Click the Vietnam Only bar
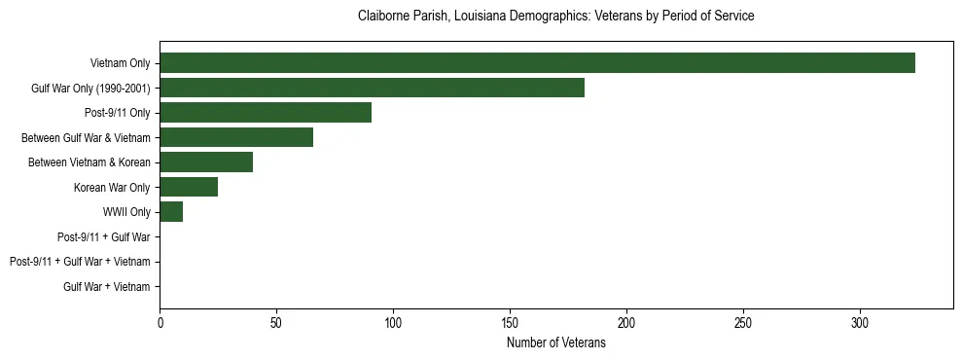pos(537,63)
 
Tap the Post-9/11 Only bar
pos(266,113)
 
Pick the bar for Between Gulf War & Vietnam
pos(236,137)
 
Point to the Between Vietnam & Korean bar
pos(206,162)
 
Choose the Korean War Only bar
pos(189,187)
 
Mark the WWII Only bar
pos(171,212)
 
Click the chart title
pos(556,17)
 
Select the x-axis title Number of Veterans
pos(556,342)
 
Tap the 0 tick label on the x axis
pos(160,322)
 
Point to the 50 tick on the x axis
pos(276,322)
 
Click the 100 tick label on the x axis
pos(393,322)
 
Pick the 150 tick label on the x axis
pos(510,322)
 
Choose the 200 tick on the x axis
pos(626,322)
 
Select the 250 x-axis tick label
pos(743,322)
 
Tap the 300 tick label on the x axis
pos(860,322)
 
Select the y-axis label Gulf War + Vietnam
pos(107,286)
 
